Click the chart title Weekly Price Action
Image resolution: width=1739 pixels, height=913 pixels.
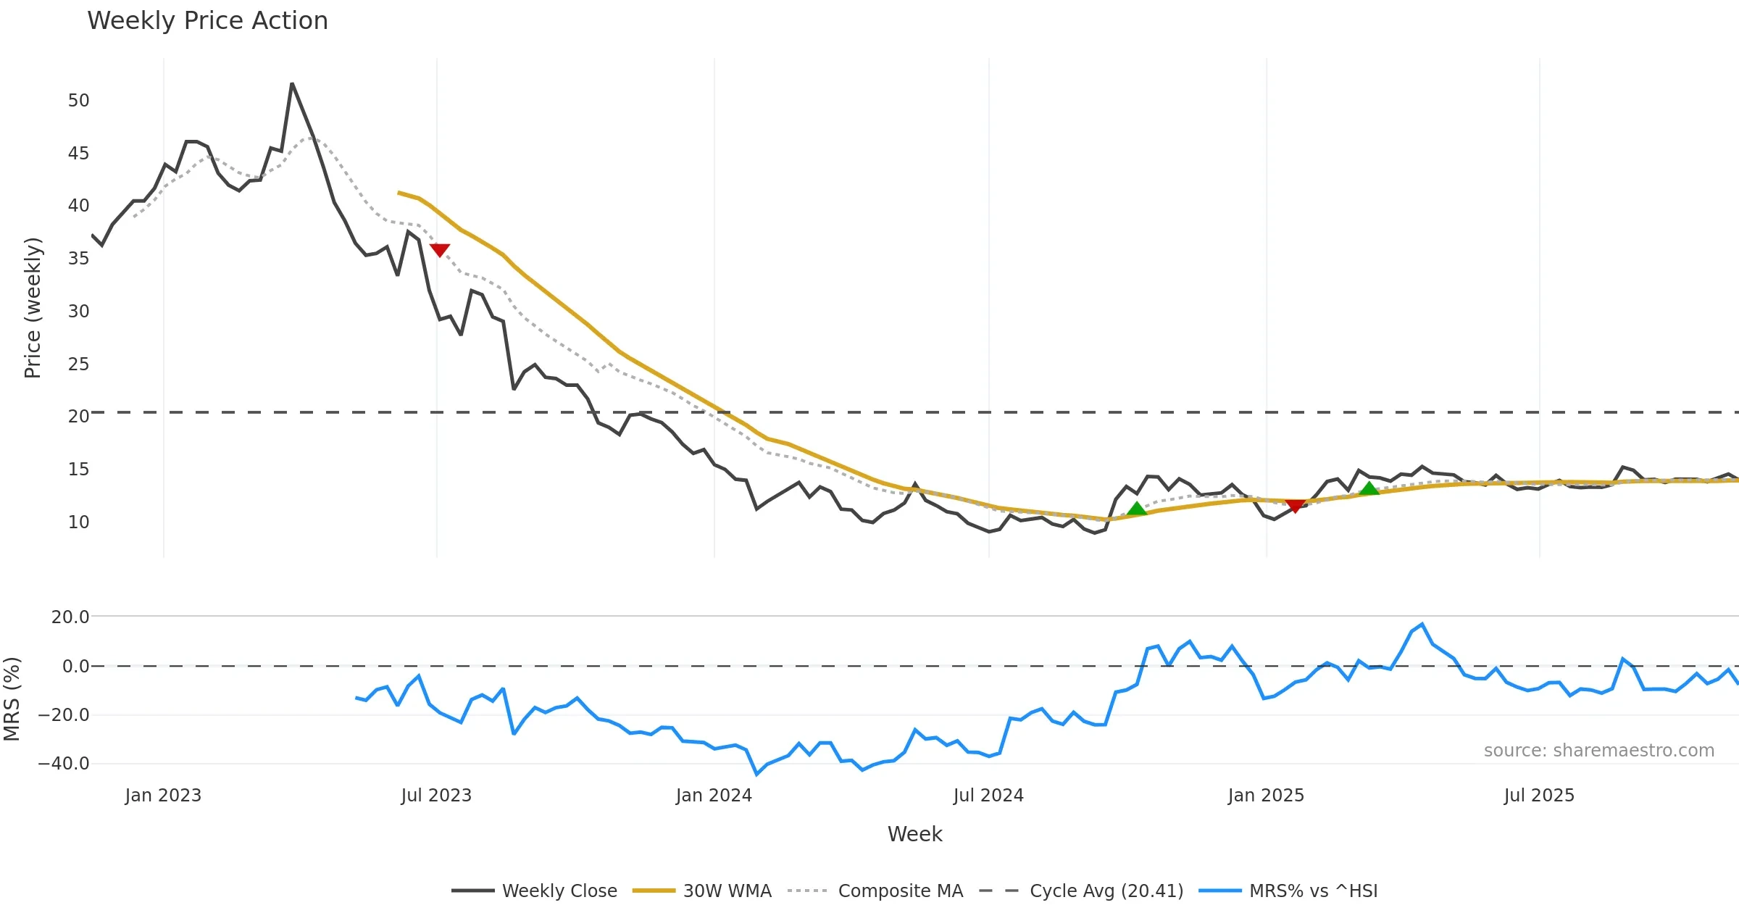(x=207, y=21)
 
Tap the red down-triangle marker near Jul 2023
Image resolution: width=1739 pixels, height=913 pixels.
(x=440, y=250)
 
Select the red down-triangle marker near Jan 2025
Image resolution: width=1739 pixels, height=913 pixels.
(x=1295, y=506)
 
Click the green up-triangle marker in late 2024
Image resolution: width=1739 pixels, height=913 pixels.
(x=1137, y=509)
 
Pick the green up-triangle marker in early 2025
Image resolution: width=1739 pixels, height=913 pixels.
(x=1369, y=488)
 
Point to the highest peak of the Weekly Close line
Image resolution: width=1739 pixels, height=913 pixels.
(x=292, y=84)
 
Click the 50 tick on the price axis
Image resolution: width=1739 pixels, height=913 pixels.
(x=78, y=101)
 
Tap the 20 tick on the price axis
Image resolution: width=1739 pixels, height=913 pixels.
(x=78, y=417)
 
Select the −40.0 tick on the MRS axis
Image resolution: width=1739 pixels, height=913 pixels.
(x=64, y=764)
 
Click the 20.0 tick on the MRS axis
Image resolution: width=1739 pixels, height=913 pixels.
(x=70, y=617)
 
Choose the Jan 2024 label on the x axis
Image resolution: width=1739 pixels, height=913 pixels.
(x=714, y=796)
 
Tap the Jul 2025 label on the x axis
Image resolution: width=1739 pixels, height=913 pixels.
(x=1539, y=796)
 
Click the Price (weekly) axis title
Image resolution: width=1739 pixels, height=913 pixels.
(x=33, y=308)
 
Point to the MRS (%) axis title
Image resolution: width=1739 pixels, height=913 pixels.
(x=12, y=699)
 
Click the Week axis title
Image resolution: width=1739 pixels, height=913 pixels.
(x=914, y=835)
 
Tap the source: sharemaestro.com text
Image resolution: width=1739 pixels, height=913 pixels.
(x=1598, y=751)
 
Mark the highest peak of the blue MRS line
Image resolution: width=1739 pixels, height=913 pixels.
(x=1422, y=624)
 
